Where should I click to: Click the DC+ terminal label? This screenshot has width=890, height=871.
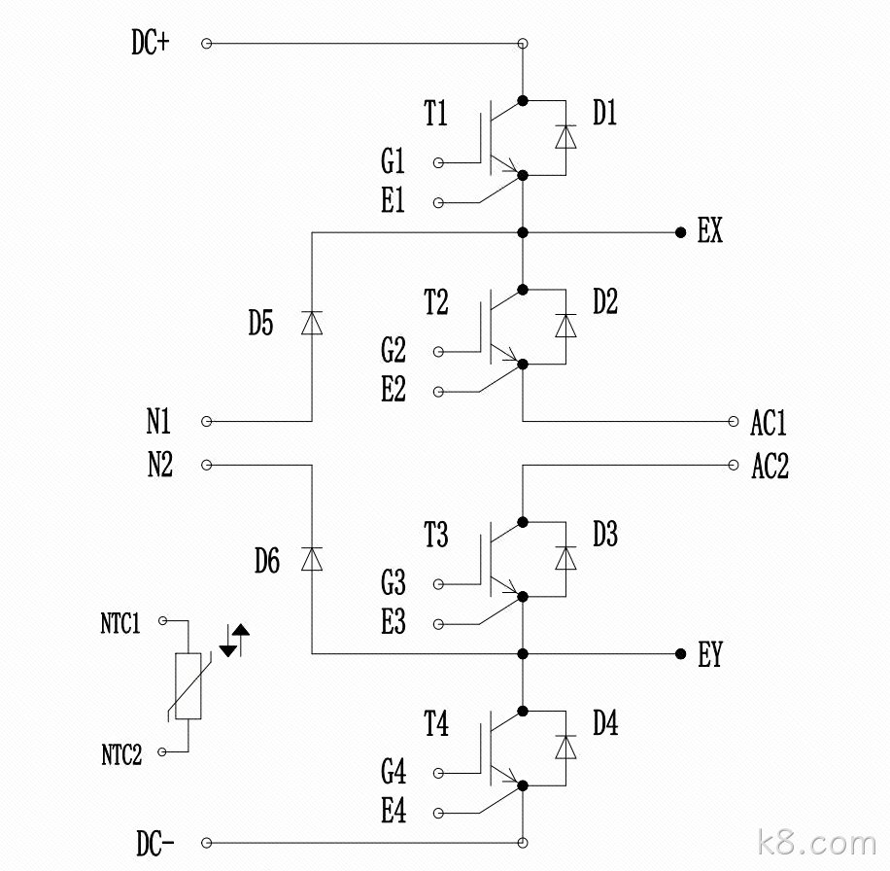click(x=151, y=43)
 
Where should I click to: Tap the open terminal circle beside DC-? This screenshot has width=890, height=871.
click(x=207, y=843)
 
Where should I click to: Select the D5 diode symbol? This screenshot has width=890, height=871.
click(x=312, y=323)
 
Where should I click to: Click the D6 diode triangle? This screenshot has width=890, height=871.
click(x=312, y=559)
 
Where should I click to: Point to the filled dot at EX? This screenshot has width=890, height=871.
click(x=680, y=232)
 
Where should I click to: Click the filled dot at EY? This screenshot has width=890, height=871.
click(x=680, y=654)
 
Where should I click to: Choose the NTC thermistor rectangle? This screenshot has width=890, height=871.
click(x=188, y=686)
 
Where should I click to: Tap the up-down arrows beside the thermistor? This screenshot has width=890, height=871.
click(x=234, y=641)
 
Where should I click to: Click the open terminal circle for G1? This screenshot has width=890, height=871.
click(x=438, y=163)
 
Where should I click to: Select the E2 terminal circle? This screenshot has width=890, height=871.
click(x=438, y=392)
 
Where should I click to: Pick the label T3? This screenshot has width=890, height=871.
click(x=436, y=535)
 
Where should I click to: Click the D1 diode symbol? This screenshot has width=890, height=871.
click(x=565, y=137)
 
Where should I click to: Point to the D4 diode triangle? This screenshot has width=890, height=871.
click(x=565, y=748)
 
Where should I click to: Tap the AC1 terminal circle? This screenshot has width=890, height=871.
click(x=734, y=421)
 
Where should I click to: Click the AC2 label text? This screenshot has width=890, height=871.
click(x=770, y=467)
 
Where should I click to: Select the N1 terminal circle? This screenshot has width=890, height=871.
click(x=207, y=421)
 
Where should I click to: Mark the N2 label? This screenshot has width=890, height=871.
click(x=160, y=465)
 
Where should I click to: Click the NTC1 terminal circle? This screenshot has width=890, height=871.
click(x=163, y=620)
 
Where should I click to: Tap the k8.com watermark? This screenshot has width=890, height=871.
click(x=817, y=843)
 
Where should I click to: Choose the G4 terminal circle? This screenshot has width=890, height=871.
click(x=438, y=774)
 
